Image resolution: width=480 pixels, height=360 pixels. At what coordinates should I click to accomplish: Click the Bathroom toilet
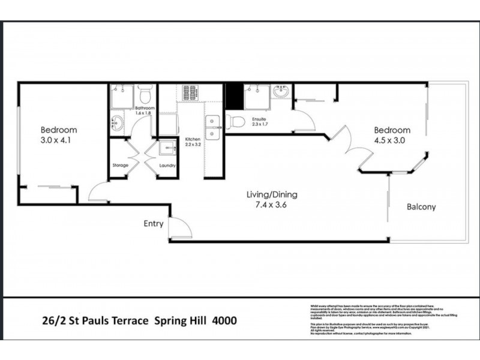click(144, 95)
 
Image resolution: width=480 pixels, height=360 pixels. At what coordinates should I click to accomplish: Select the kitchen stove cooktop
click(191, 93)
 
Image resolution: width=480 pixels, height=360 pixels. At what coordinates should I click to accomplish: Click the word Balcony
click(421, 207)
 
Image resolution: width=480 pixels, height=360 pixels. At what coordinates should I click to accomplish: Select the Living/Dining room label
click(272, 194)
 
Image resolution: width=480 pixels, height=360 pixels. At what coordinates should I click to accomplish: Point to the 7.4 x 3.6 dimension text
click(272, 205)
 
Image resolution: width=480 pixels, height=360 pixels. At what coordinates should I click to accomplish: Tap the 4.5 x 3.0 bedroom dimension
click(392, 141)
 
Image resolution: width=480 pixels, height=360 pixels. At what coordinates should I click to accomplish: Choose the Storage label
click(121, 166)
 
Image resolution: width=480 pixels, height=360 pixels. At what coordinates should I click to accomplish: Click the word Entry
click(153, 224)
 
